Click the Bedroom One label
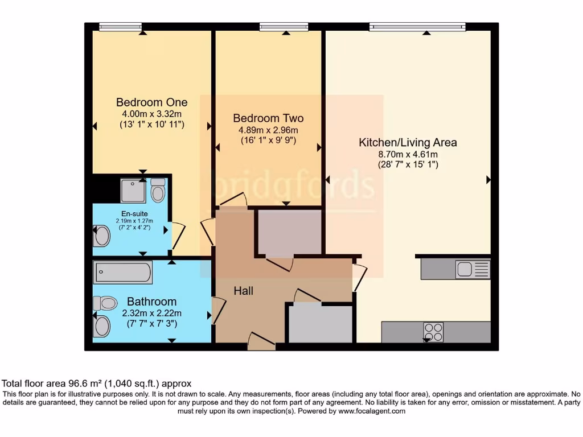coord(151,102)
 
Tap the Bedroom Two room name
coord(268,118)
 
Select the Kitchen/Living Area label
coord(408,142)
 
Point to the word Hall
coord(243,291)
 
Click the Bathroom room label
coord(151,302)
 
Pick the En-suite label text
coord(130,214)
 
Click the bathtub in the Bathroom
coord(123,273)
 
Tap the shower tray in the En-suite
coord(133,191)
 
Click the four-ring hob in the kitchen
coord(433,332)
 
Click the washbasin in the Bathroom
coord(101,327)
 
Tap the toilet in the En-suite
coord(158,191)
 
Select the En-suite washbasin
coord(101,236)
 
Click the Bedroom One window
coord(120,26)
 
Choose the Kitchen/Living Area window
coord(417,26)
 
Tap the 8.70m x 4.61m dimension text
coord(408,154)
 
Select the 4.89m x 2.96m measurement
coord(268,130)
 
